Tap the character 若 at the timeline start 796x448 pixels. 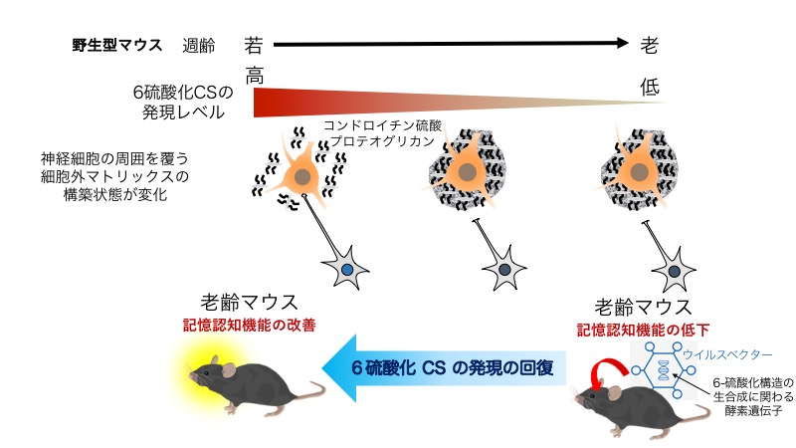click(255, 44)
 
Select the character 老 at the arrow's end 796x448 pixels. click(649, 45)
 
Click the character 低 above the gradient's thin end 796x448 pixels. click(649, 88)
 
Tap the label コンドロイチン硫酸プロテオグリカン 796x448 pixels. click(382, 134)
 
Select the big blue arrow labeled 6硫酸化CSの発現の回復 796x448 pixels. click(453, 367)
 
